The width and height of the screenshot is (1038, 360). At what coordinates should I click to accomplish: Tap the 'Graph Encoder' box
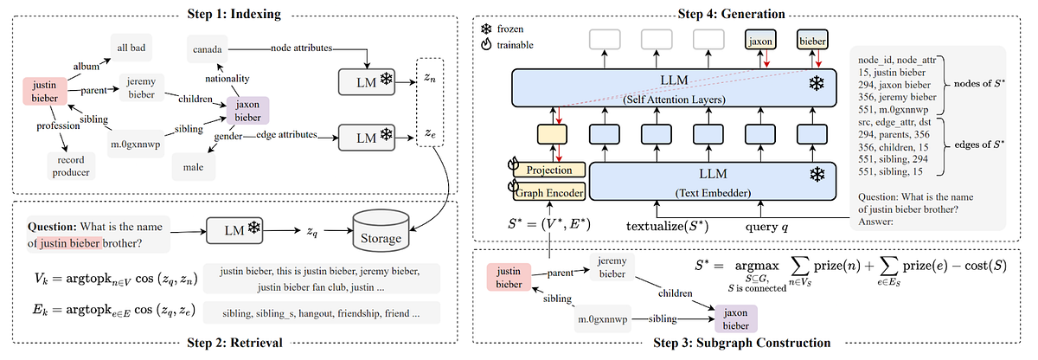550,192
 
